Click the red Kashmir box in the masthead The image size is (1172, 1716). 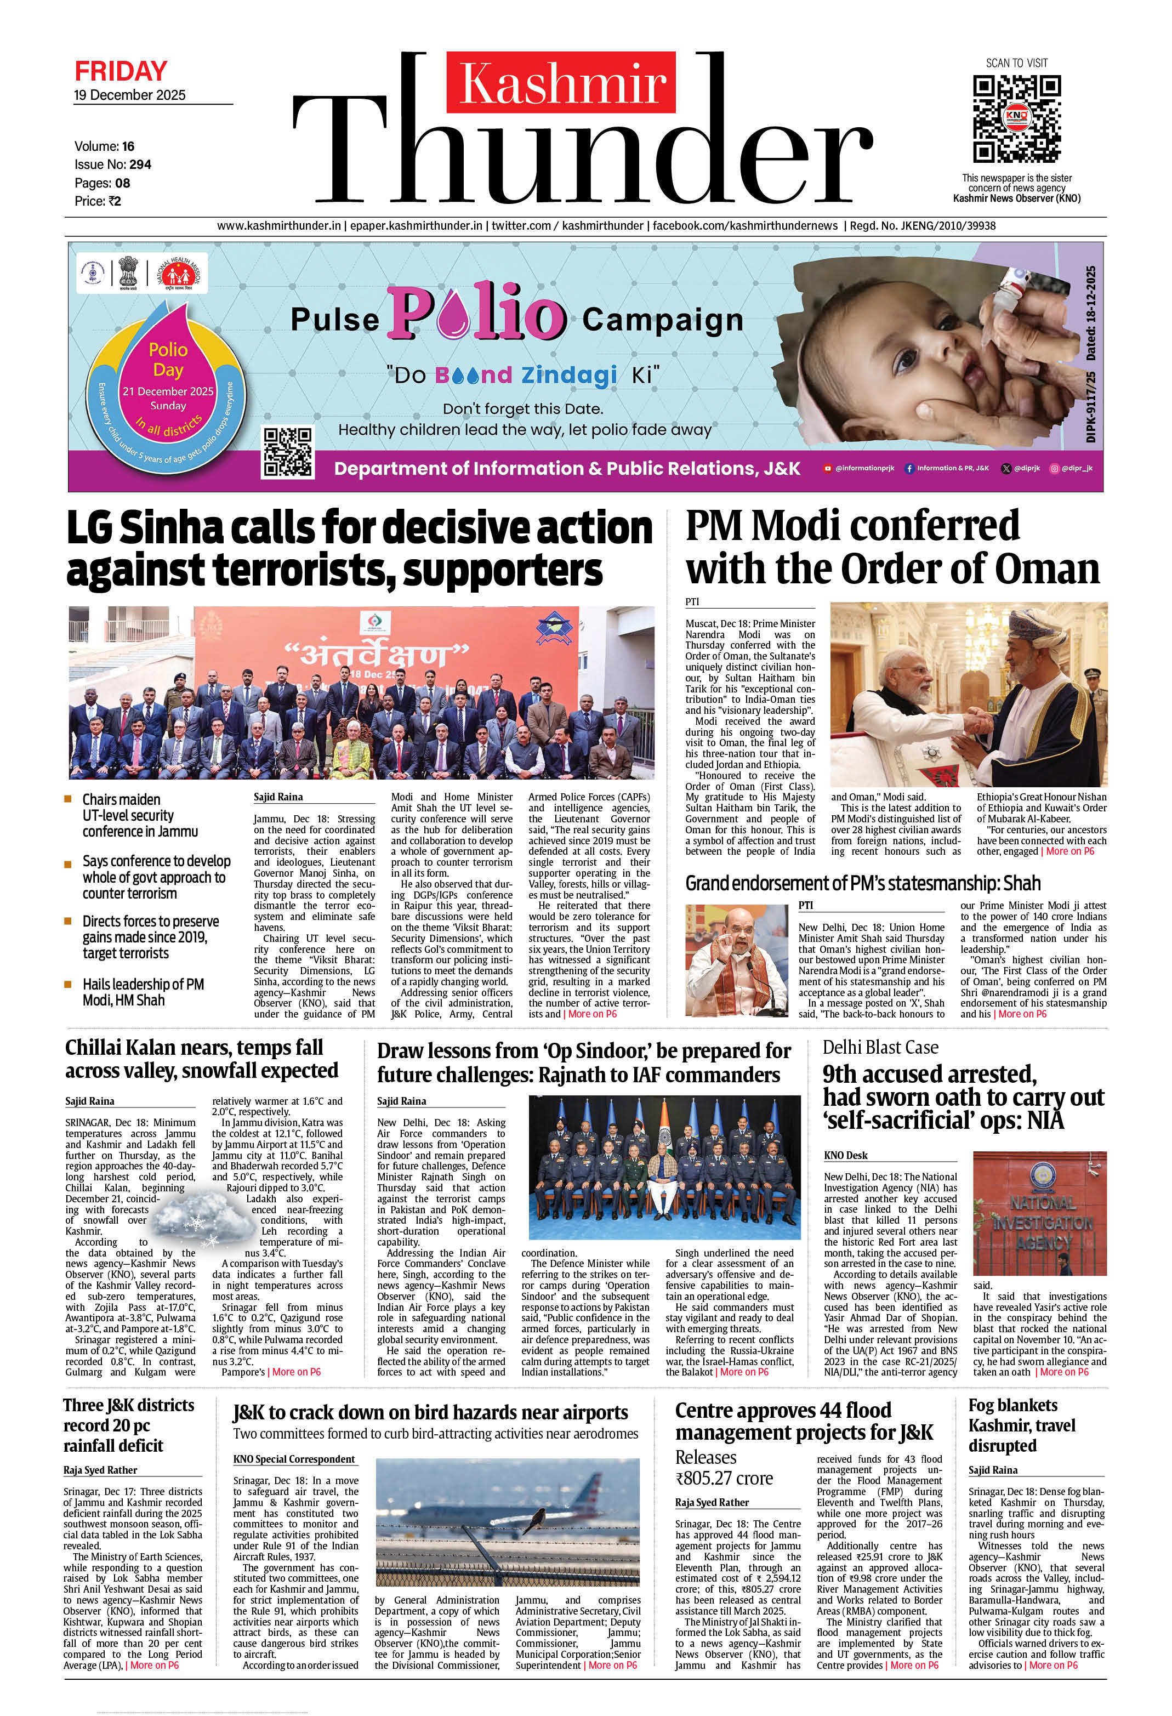point(561,83)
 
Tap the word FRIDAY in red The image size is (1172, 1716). point(121,72)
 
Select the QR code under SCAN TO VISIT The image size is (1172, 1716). point(1016,118)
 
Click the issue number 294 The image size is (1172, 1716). point(140,164)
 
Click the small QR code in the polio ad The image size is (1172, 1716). point(288,451)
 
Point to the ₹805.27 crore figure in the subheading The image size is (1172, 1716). point(724,1478)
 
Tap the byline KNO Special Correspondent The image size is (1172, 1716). point(294,1459)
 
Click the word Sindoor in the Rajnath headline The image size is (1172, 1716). point(604,1051)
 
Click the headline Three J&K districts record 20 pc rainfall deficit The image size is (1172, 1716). point(129,1425)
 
